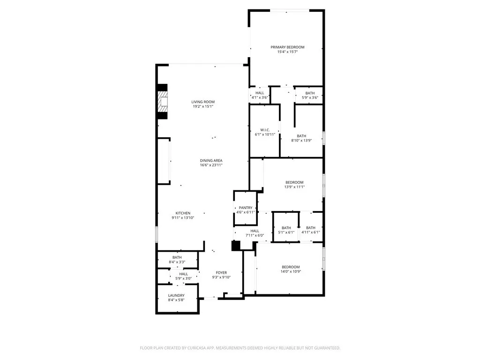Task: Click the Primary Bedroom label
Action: click(x=287, y=47)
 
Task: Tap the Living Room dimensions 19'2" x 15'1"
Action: click(x=203, y=106)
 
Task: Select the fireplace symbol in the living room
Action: click(x=163, y=101)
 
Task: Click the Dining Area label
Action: click(x=211, y=160)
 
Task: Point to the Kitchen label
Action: click(x=183, y=213)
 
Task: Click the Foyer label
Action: click(x=221, y=273)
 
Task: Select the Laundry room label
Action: click(x=176, y=295)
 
